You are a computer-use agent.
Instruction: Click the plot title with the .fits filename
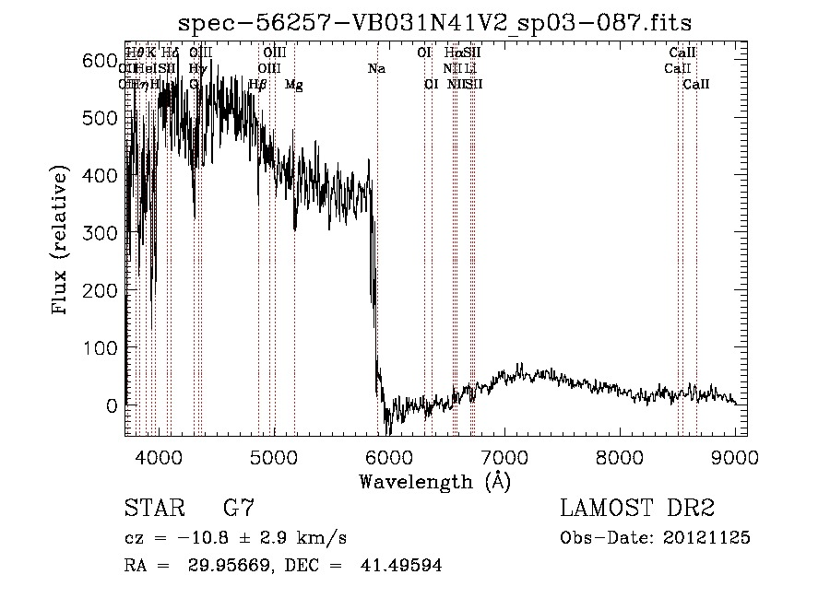coord(434,21)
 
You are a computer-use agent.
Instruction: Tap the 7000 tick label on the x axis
coord(504,458)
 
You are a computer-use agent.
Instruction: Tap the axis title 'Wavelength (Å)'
coord(434,481)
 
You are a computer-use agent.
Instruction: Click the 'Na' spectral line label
coord(376,68)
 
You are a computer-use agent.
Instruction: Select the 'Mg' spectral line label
coord(293,85)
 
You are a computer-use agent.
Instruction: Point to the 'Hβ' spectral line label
coord(257,85)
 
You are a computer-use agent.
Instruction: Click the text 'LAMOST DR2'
coord(637,509)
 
